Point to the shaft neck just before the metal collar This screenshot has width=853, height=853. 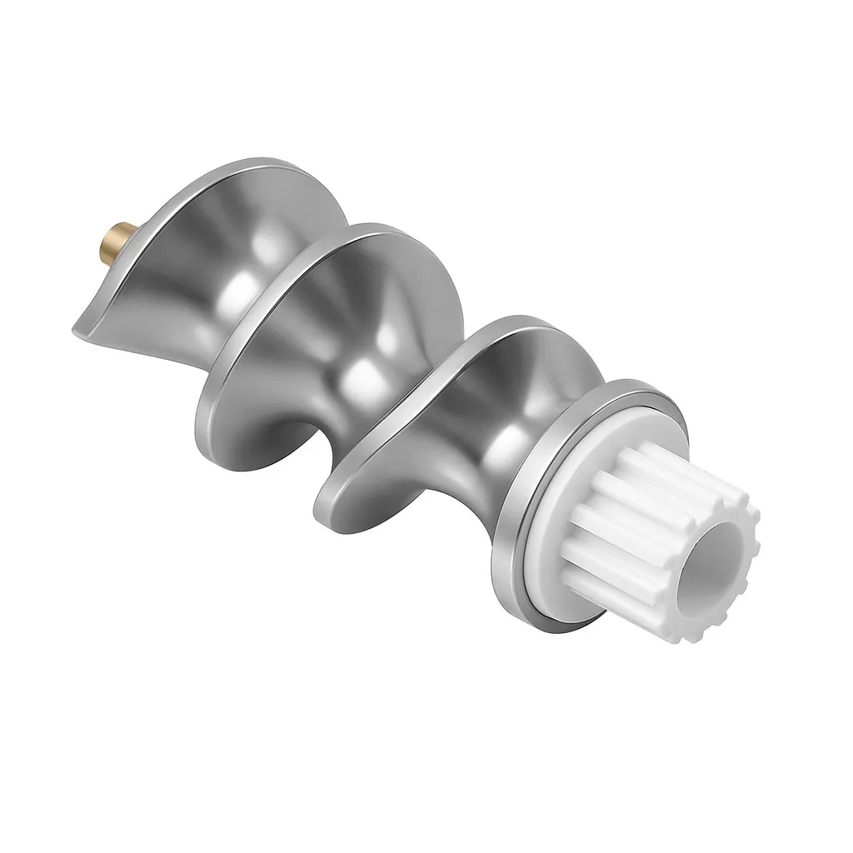point(500,466)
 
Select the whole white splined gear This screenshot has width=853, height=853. point(658,541)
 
